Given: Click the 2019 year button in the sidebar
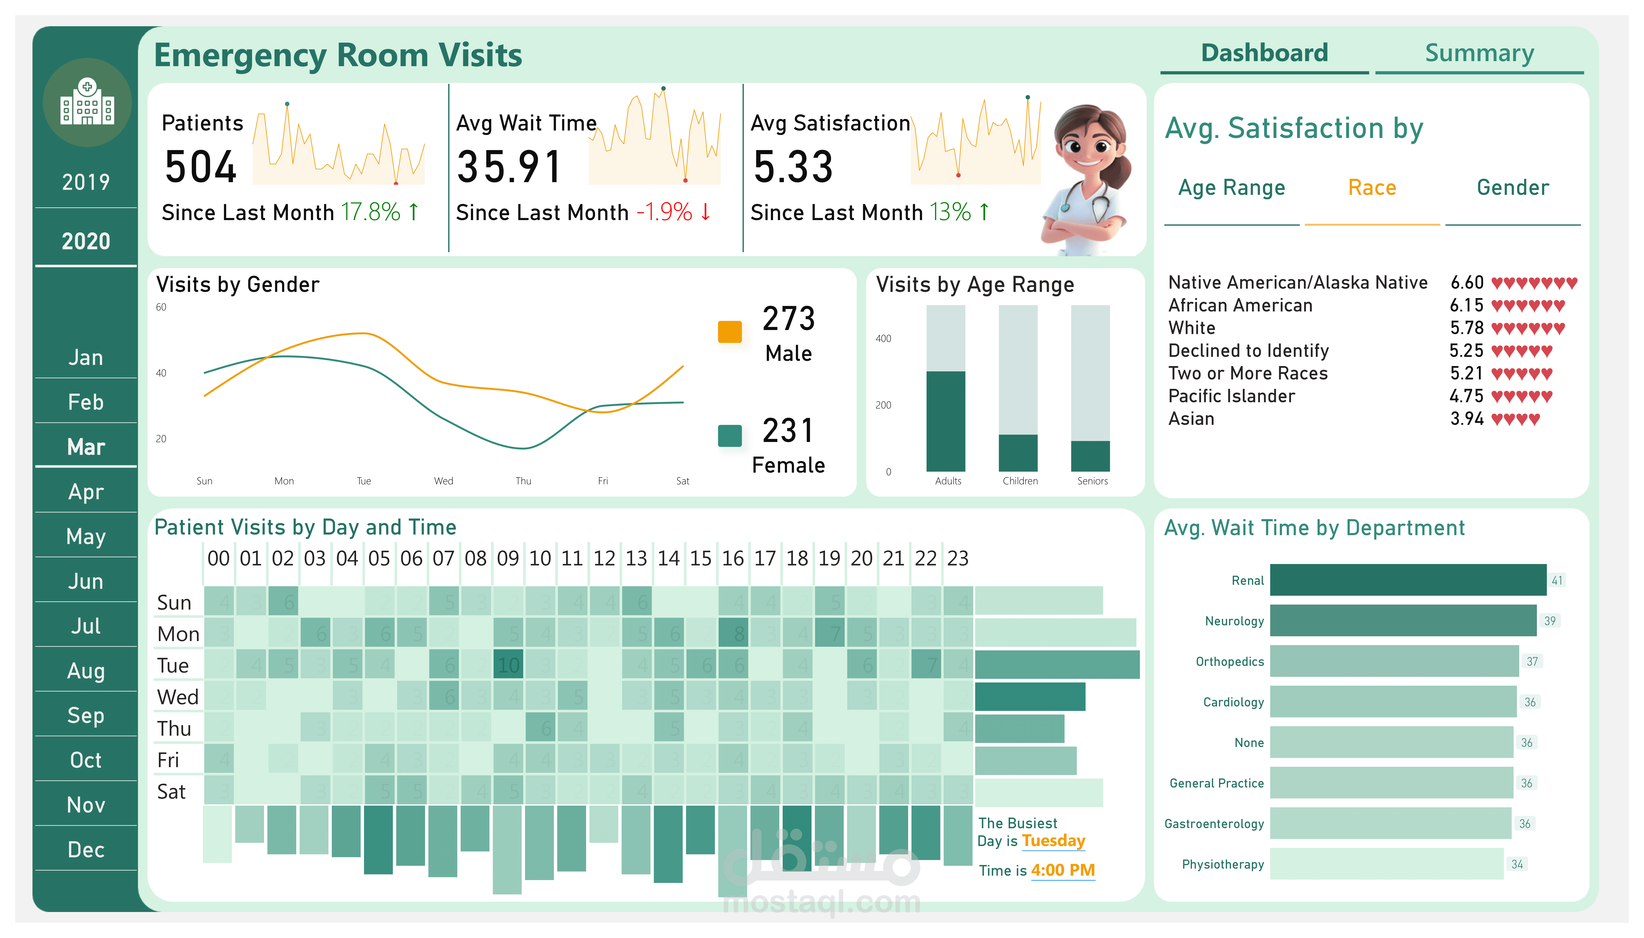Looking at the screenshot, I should (x=86, y=182).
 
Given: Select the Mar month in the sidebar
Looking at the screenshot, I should (x=86, y=446).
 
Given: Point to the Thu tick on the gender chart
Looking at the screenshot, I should (x=523, y=480).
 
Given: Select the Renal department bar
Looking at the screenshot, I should (x=1408, y=580).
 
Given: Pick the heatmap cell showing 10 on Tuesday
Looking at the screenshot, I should (x=508, y=665).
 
